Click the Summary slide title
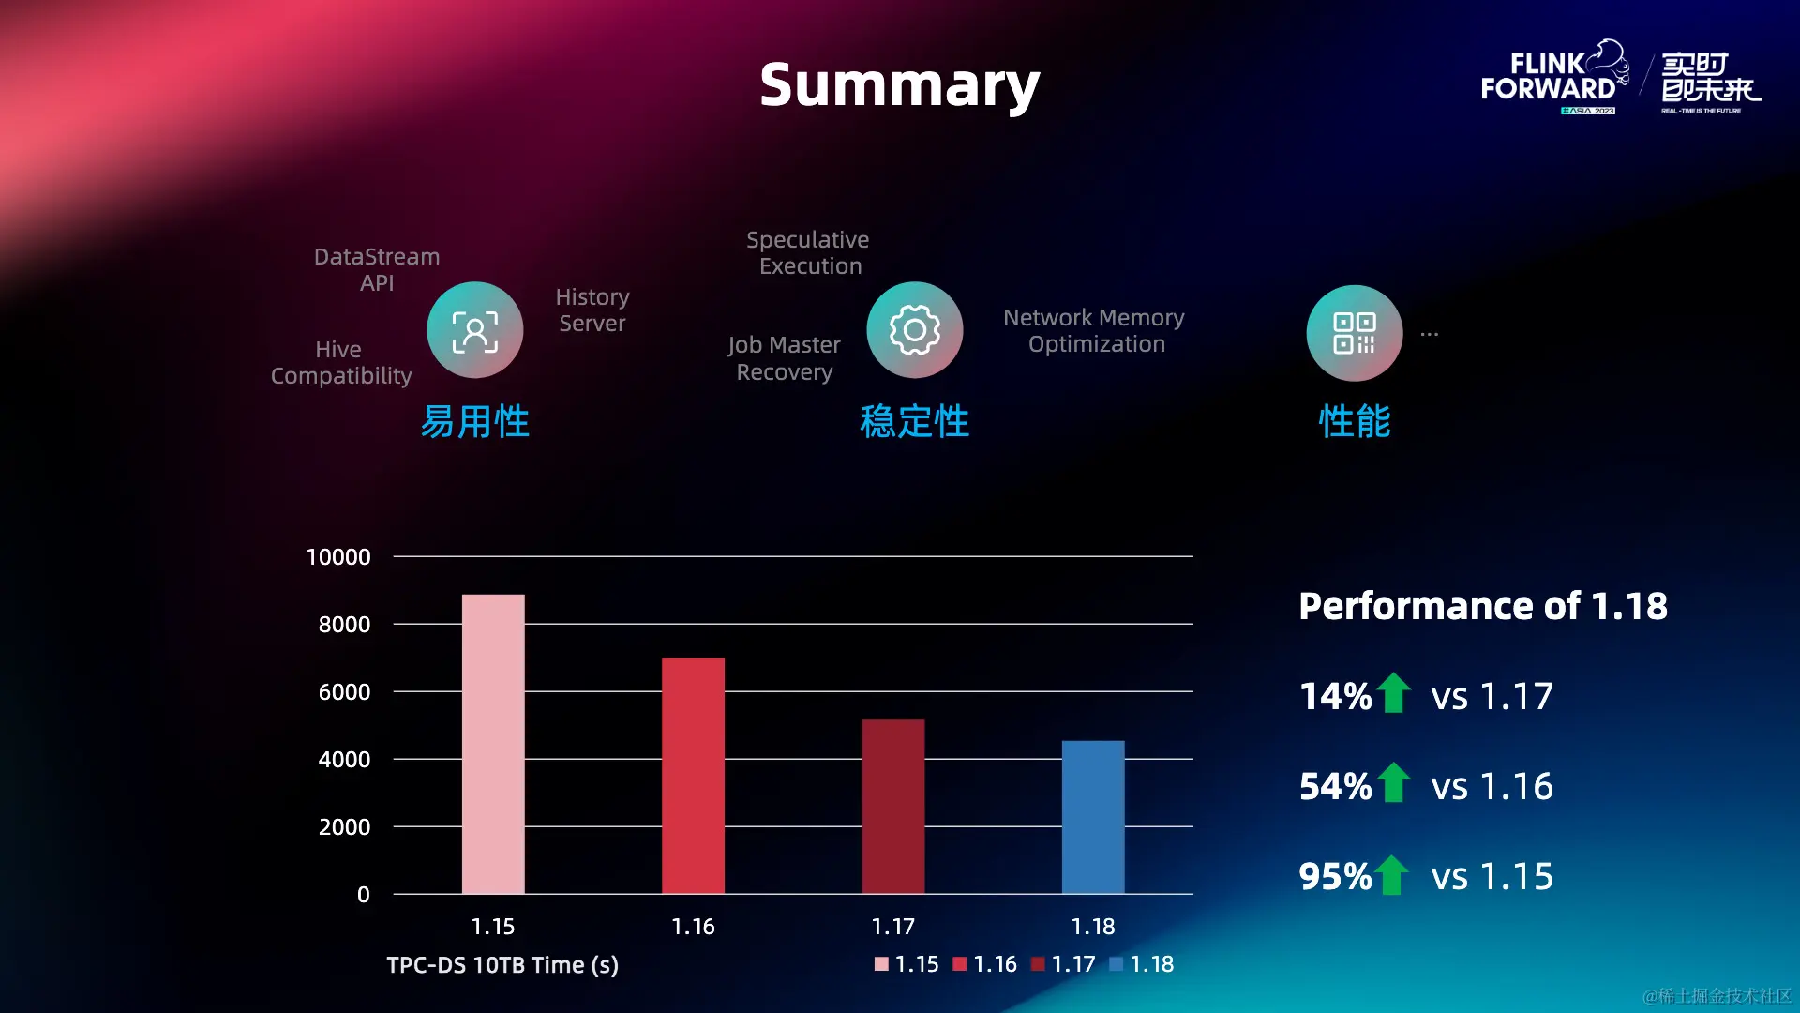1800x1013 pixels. click(899, 85)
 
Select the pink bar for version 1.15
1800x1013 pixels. click(493, 743)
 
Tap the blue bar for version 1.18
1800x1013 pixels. click(1093, 816)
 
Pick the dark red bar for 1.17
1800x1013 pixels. click(892, 806)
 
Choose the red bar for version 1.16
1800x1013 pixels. click(693, 775)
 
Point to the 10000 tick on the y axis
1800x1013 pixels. click(338, 557)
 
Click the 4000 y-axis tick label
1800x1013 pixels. click(344, 760)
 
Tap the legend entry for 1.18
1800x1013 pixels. click(1142, 964)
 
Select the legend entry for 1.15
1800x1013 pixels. click(907, 964)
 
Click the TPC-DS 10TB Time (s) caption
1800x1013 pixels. click(502, 965)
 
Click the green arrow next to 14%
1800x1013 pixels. click(1394, 693)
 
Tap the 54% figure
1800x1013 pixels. click(1335, 786)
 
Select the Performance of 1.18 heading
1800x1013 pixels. click(1483, 606)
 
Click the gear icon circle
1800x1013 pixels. click(915, 330)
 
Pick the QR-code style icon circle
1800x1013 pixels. click(1355, 333)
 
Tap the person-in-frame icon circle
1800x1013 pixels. click(475, 330)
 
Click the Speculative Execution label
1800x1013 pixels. click(808, 253)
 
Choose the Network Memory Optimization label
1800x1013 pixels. click(1094, 331)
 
